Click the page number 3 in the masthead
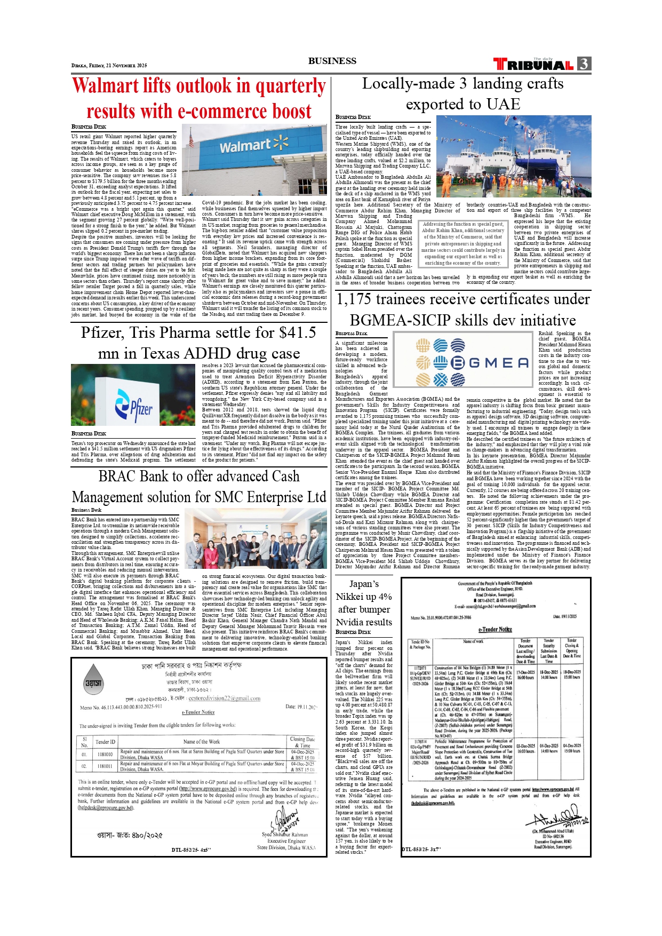pos(584,64)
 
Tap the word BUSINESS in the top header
pos(332,61)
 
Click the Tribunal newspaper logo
pos(533,65)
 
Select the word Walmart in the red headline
pos(105,86)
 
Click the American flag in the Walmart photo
pos(192,140)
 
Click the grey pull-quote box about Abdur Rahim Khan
pos(462,244)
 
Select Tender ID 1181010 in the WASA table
pos(105,754)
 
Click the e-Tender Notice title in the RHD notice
pos(494,629)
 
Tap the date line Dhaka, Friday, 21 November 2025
pos(109,66)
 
